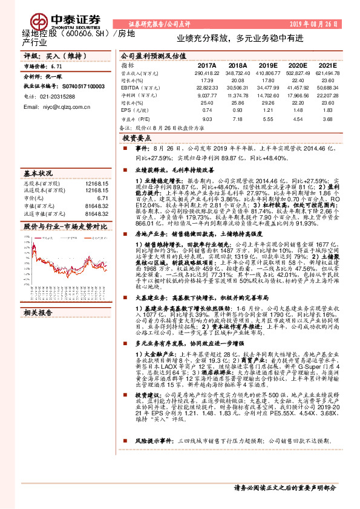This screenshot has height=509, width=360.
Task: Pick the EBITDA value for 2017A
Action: (207, 88)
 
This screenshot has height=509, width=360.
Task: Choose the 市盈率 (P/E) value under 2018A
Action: (238, 119)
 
